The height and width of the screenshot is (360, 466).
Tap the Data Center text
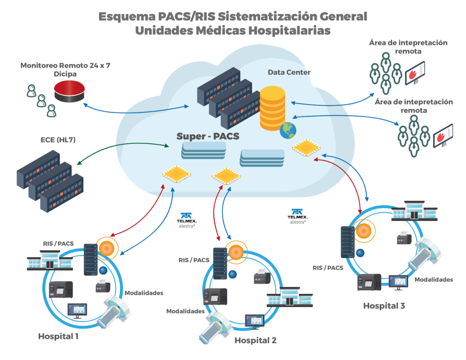click(289, 72)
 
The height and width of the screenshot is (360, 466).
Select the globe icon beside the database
click(288, 129)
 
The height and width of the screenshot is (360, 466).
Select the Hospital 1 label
click(58, 337)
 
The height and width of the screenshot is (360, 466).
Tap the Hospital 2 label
click(255, 340)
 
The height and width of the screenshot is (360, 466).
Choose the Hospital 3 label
click(384, 305)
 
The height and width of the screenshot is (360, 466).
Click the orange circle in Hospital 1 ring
click(107, 248)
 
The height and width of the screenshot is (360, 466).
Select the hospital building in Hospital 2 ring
click(289, 297)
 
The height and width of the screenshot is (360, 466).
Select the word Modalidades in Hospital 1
click(144, 293)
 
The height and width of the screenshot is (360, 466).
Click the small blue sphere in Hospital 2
click(233, 274)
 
